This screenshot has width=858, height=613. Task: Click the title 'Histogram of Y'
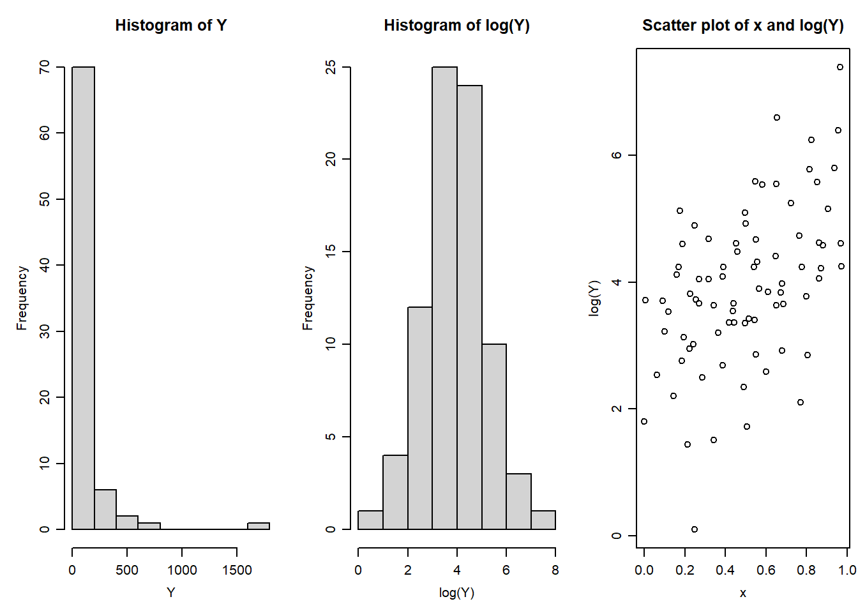click(x=170, y=26)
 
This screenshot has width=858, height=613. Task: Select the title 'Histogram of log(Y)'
click(x=456, y=26)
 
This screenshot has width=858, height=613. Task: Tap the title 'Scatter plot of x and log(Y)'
click(x=742, y=26)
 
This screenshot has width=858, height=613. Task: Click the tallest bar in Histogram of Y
click(x=83, y=298)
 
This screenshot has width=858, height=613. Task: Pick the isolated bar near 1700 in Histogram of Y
click(x=259, y=526)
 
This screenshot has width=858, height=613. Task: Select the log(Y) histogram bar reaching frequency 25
click(x=444, y=298)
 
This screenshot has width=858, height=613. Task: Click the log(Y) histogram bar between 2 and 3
click(x=420, y=418)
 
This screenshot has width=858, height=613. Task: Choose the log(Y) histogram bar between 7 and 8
click(x=543, y=520)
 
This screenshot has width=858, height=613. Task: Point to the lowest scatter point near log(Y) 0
click(x=695, y=529)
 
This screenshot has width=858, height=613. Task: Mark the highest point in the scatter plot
click(x=840, y=67)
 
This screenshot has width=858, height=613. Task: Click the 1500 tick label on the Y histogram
click(x=237, y=570)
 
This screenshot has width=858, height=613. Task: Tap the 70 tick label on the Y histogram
click(x=44, y=67)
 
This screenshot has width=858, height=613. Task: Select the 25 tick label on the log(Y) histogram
click(x=330, y=67)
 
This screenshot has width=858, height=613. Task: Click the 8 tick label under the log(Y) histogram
click(x=555, y=570)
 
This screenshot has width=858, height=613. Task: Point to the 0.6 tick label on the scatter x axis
click(x=765, y=570)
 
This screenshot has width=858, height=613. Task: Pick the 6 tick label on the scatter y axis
click(x=616, y=155)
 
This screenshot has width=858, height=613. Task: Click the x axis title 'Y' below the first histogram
click(x=170, y=593)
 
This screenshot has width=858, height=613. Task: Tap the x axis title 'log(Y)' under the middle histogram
click(x=456, y=593)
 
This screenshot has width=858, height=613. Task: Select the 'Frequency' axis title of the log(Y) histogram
click(x=308, y=298)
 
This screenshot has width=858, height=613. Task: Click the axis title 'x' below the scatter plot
click(x=742, y=593)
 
